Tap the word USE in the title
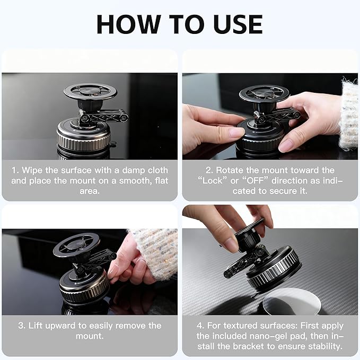pyautogui.click(x=234, y=24)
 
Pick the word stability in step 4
pyautogui.click(x=324, y=346)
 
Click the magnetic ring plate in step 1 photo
pyautogui.click(x=90, y=91)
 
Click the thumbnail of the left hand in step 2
pyautogui.click(x=234, y=133)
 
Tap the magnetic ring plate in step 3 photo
pyautogui.click(x=76, y=245)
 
